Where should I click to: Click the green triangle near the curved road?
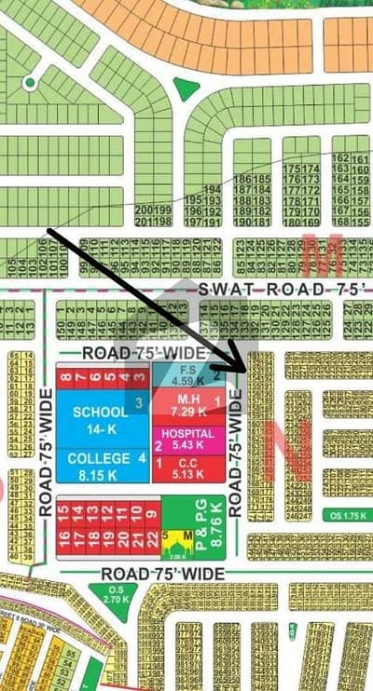186,88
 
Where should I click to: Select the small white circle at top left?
31,83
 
